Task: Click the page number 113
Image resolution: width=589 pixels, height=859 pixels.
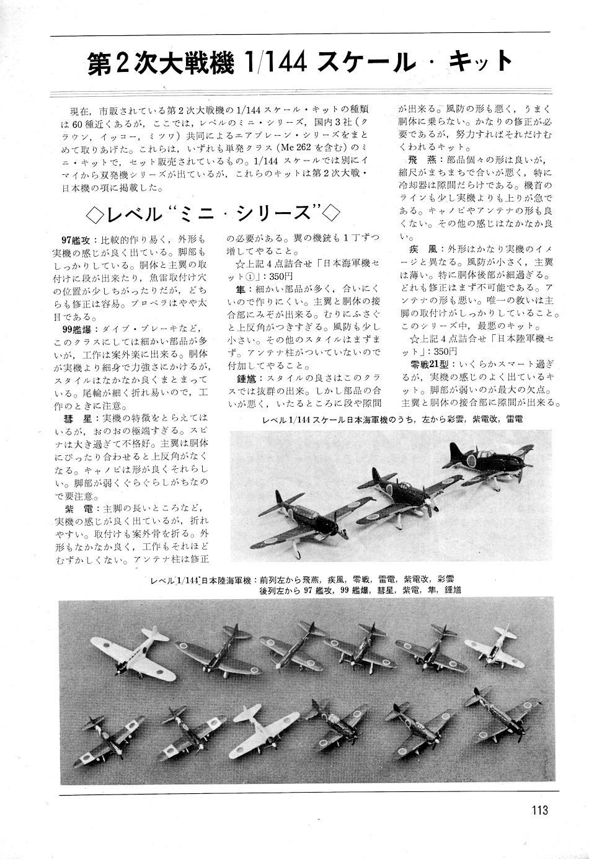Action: (539, 810)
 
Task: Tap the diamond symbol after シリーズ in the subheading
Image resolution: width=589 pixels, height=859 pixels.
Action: (331, 213)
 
